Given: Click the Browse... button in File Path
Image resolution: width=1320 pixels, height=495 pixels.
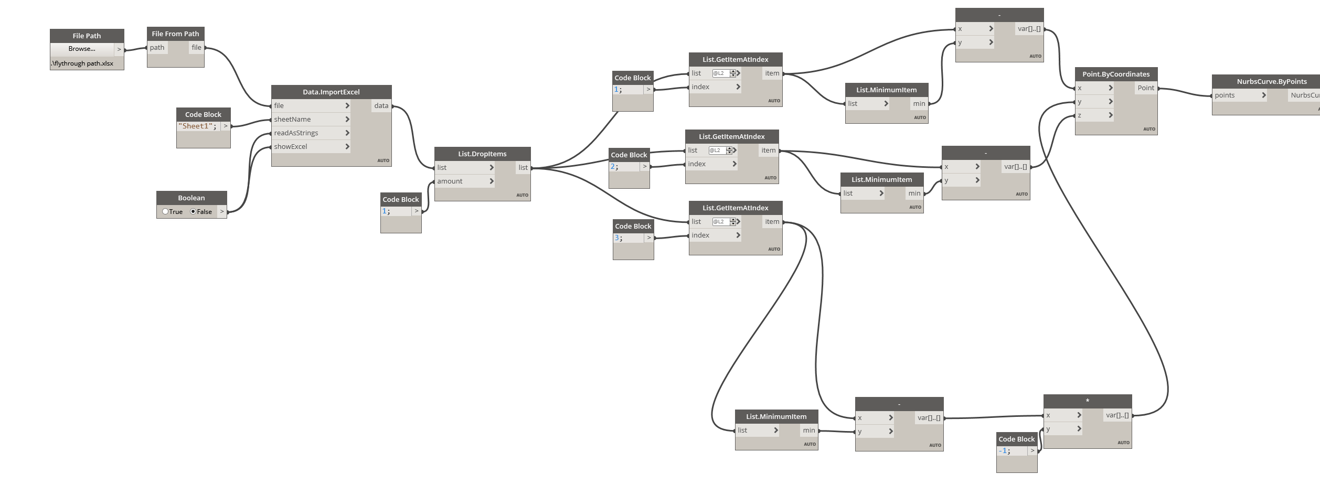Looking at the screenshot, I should pyautogui.click(x=82, y=49).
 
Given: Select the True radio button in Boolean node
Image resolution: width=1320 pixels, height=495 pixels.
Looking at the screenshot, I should pyautogui.click(x=166, y=212).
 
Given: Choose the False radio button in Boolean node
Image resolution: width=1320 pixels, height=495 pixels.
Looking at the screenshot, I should pyautogui.click(x=194, y=212).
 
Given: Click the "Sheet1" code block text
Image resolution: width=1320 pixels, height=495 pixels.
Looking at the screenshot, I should pyautogui.click(x=197, y=126).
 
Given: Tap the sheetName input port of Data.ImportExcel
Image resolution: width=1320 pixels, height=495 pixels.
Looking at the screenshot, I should pyautogui.click(x=292, y=120).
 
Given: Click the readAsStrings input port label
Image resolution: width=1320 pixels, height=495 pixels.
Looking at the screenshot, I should pyautogui.click(x=296, y=133).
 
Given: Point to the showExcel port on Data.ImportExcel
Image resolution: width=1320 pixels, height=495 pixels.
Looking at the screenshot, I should pyautogui.click(x=291, y=147).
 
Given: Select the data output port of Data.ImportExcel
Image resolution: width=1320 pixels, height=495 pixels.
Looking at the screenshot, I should pyautogui.click(x=381, y=106).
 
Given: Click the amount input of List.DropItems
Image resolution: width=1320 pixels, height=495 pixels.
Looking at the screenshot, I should pyautogui.click(x=450, y=181).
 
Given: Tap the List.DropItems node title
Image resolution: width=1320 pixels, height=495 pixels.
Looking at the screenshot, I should pyautogui.click(x=482, y=154).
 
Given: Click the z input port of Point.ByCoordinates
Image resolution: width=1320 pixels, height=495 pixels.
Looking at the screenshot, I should pyautogui.click(x=1080, y=115).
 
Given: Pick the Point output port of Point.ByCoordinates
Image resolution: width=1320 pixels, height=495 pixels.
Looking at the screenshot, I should pyautogui.click(x=1146, y=88).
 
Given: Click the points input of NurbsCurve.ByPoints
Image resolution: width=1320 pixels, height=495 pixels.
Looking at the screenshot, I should pyautogui.click(x=1225, y=95).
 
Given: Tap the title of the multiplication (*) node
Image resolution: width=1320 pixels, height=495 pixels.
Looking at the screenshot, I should pyautogui.click(x=1088, y=401).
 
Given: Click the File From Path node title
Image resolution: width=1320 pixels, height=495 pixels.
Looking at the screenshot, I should pyautogui.click(x=175, y=34).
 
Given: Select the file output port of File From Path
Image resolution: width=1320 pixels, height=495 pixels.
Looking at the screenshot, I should pyautogui.click(x=196, y=48).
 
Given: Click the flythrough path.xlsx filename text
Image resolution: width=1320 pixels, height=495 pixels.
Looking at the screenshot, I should pyautogui.click(x=82, y=63).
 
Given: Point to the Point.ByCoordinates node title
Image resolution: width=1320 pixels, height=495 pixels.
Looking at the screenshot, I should pyautogui.click(x=1116, y=74).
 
